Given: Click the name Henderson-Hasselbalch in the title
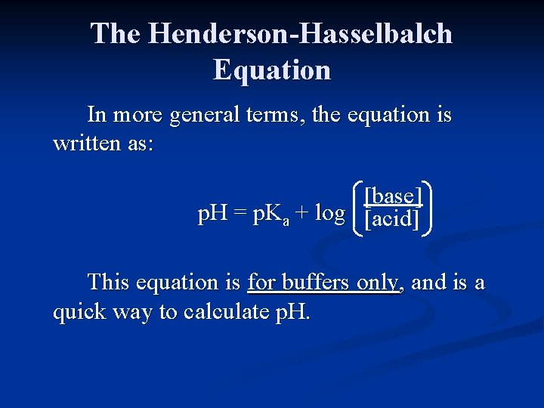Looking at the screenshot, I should click(301, 34).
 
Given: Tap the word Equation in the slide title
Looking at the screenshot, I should click(272, 70).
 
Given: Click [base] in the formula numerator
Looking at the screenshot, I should click(392, 196).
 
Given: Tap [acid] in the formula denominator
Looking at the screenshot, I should click(391, 219).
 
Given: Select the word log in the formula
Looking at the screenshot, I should click(329, 214).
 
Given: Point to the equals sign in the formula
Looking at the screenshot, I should click(240, 215).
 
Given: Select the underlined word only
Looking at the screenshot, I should click(377, 283).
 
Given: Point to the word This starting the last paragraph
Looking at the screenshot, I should click(113, 283).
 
